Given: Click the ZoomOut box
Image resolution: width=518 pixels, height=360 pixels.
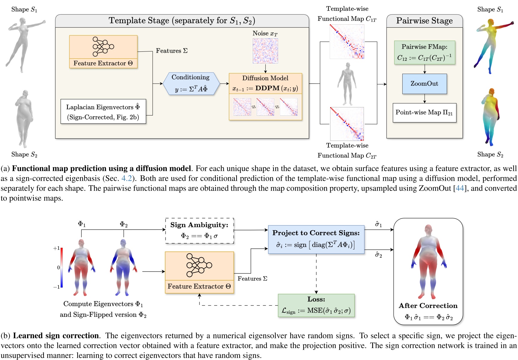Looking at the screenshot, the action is point(425,84).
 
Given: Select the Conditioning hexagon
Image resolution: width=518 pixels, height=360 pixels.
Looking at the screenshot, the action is point(191,84).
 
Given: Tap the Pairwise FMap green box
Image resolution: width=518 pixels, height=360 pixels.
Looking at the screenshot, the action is point(425,53).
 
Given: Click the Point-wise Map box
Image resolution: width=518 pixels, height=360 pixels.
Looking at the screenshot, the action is point(425,113).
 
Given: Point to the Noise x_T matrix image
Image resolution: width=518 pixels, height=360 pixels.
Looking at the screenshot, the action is point(265,51).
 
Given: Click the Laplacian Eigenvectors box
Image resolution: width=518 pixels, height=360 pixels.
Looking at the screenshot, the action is point(103,112).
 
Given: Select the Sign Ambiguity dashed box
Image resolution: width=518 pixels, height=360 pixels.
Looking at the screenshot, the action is point(200,231).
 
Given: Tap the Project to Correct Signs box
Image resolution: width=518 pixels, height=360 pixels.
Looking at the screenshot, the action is point(316,239).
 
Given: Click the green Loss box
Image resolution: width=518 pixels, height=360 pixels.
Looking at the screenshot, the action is point(316,306).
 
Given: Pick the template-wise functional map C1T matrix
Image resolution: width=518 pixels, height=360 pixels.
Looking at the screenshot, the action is point(347,42).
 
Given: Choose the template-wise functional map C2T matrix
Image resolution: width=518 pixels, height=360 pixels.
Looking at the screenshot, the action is point(347,124).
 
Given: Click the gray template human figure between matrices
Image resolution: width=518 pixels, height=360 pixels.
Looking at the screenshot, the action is point(347,84).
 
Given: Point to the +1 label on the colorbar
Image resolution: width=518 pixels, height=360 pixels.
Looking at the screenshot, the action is point(56,248).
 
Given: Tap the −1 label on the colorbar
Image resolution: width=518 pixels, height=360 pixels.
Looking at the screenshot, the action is point(56,287).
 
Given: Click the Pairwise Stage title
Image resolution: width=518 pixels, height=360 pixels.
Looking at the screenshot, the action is point(424,21).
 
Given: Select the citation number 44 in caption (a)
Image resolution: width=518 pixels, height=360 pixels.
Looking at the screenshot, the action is point(460,189).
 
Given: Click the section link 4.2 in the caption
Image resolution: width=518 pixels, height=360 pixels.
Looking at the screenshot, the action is point(126,178).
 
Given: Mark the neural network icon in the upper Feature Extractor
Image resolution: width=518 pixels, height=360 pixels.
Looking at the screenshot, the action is point(103,47).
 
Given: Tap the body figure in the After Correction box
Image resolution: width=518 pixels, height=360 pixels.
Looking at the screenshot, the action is point(428,262).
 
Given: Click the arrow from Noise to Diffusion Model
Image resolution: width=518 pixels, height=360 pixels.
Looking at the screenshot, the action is point(265,69).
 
